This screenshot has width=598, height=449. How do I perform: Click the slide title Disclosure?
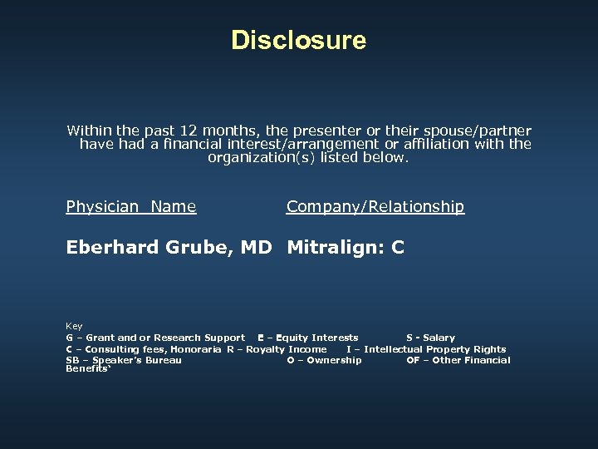tap(298, 40)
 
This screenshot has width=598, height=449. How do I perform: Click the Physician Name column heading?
tap(131, 207)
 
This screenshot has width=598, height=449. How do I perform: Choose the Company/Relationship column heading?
tap(375, 207)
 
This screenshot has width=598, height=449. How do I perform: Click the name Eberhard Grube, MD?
tap(169, 247)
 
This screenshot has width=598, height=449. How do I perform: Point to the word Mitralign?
tap(334, 247)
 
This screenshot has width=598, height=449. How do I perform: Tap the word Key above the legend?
tap(74, 326)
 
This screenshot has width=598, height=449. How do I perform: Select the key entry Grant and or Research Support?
tap(155, 338)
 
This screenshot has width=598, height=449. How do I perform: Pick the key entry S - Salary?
tap(430, 338)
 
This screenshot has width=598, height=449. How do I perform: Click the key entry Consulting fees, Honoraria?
tap(143, 349)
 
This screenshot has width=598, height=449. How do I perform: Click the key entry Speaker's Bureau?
tap(124, 360)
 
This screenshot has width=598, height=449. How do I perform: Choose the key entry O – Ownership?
tap(324, 360)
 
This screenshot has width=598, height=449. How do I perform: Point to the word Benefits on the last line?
tap(86, 368)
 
